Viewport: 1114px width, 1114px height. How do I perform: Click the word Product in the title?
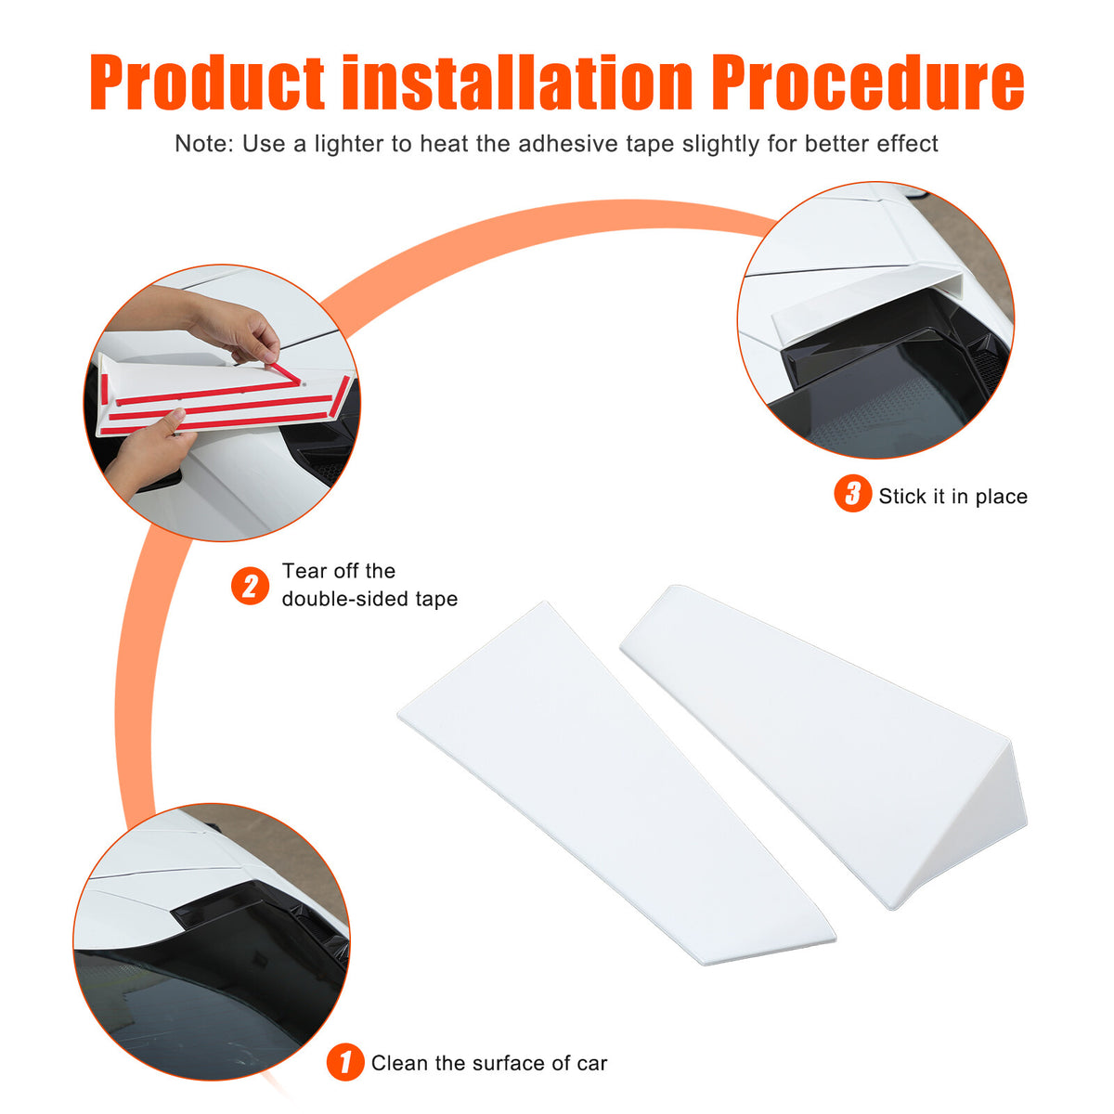click(x=206, y=82)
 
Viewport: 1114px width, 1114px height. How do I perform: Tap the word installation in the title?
click(x=517, y=82)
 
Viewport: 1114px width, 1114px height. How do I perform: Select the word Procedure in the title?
click(x=868, y=82)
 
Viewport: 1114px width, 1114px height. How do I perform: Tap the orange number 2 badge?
click(x=250, y=586)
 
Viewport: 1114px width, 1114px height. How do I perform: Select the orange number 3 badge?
click(x=852, y=493)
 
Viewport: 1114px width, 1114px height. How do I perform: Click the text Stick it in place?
click(x=952, y=496)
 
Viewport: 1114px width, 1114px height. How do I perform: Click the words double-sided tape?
click(x=370, y=599)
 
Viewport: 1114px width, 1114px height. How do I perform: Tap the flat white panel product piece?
click(x=616, y=784)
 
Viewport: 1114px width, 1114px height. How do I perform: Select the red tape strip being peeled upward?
click(x=284, y=374)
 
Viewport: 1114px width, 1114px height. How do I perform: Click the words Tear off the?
click(x=339, y=571)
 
